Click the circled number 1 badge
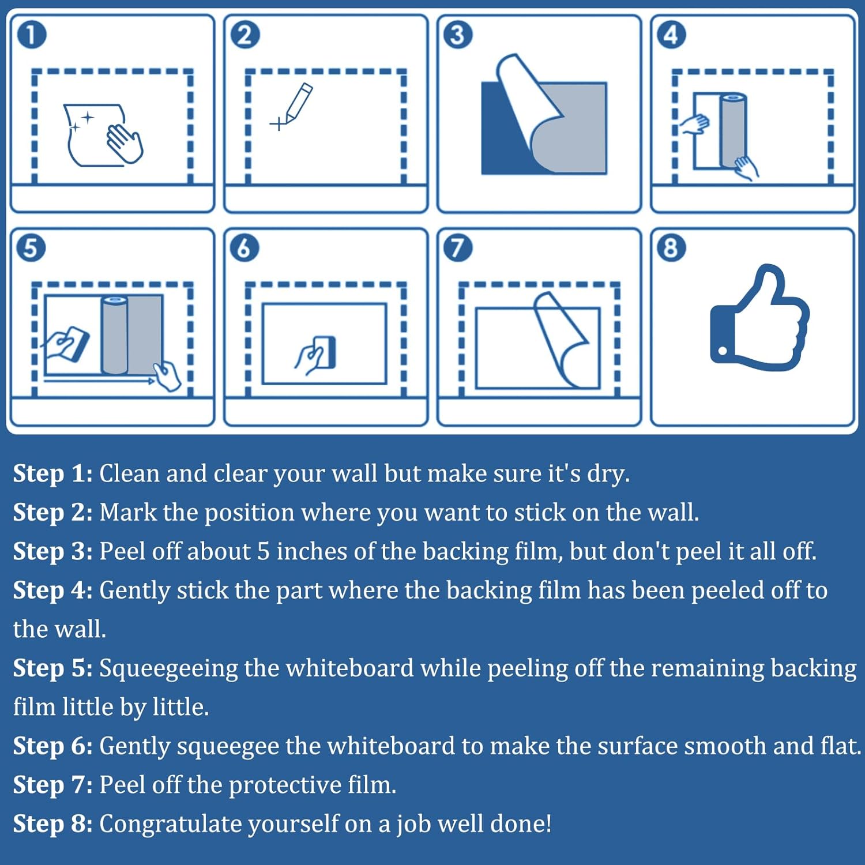32,35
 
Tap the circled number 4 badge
671,35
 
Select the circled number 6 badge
245,249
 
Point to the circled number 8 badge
671,249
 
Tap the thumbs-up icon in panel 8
758,320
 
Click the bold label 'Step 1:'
52,474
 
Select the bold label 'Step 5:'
52,669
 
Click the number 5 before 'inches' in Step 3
263,552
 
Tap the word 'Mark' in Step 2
128,513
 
